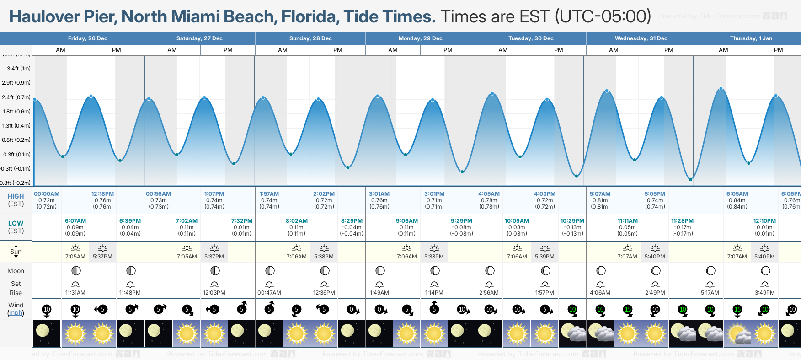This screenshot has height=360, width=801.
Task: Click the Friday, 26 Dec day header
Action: (88, 38)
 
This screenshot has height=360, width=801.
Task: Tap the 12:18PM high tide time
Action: (103, 194)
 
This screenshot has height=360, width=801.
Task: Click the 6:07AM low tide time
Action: (75, 221)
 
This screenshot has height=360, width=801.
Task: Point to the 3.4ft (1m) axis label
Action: (19, 69)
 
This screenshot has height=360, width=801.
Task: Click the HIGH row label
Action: (16, 196)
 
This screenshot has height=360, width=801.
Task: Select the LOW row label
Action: (16, 223)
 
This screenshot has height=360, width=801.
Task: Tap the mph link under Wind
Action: (16, 313)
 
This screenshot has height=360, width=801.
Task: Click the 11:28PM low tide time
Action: (682, 221)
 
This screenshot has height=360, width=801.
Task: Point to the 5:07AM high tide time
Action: (600, 194)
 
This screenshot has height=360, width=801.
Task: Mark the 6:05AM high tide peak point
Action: (721, 88)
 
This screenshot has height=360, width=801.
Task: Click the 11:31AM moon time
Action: (75, 293)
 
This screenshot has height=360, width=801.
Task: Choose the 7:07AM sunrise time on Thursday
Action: (737, 257)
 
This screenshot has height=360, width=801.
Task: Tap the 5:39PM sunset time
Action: (545, 257)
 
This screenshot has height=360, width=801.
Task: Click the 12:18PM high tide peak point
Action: (91, 96)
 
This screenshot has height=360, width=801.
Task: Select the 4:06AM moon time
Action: (600, 293)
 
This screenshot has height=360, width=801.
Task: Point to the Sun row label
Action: (16, 252)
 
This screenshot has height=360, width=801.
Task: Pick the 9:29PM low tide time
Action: (462, 221)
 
